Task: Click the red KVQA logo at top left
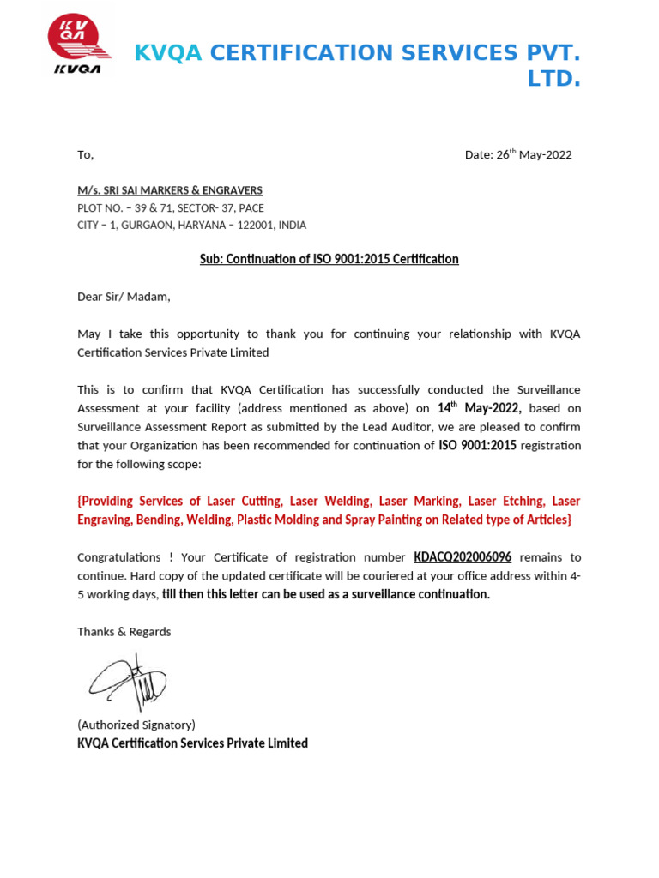pyautogui.click(x=78, y=43)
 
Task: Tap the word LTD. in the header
pyautogui.click(x=553, y=80)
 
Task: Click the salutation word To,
pyautogui.click(x=85, y=155)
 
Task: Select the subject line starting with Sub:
pyautogui.click(x=329, y=259)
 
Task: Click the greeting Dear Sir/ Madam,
pyautogui.click(x=124, y=297)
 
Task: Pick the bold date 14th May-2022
pyautogui.click(x=480, y=409)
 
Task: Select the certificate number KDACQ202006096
pyautogui.click(x=463, y=557)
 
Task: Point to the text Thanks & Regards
pyautogui.click(x=124, y=632)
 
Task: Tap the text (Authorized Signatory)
pyautogui.click(x=136, y=725)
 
